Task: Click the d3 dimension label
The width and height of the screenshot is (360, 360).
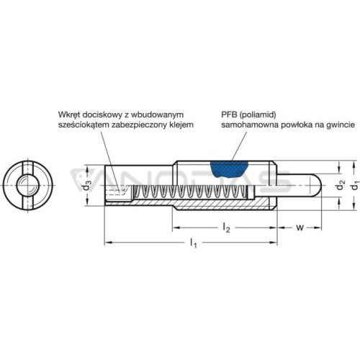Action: point(89,185)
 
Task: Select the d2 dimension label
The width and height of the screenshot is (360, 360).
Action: point(341,185)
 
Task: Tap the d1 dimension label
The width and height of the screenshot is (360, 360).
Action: point(354,186)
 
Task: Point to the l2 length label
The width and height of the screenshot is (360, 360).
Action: point(226,228)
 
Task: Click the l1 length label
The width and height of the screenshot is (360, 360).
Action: point(193,243)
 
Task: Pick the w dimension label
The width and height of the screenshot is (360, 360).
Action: point(300,228)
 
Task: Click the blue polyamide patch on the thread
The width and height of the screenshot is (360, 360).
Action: point(229,169)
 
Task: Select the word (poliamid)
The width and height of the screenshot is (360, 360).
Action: point(257,115)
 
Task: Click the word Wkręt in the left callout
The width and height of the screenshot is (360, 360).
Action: point(69,115)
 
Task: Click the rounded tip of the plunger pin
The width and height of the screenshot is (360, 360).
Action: point(318,186)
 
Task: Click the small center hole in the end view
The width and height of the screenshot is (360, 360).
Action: point(25,185)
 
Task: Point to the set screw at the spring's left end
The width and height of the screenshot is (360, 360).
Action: point(117,193)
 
